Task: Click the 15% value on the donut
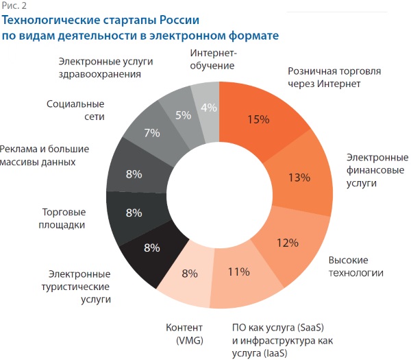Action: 258,120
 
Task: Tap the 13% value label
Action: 299,178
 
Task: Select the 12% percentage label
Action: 287,242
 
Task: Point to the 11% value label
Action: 238,272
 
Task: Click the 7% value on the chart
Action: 151,132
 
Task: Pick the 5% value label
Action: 183,115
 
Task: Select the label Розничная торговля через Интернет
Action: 334,77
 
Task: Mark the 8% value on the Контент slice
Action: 189,274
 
